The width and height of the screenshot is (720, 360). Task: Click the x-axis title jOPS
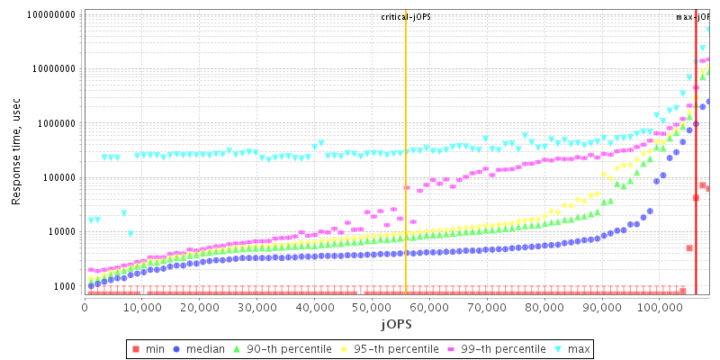pyautogui.click(x=396, y=323)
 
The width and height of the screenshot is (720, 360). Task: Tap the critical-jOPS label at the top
pyautogui.click(x=406, y=16)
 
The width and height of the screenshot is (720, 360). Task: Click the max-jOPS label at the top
pyautogui.click(x=694, y=16)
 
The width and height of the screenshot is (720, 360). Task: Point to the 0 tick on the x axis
pyautogui.click(x=85, y=307)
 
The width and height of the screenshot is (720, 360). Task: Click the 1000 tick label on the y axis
pyautogui.click(x=64, y=286)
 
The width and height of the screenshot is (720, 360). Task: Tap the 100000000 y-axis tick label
pyautogui.click(x=50, y=15)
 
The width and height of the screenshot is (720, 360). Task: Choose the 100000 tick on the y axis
pyautogui.click(x=58, y=177)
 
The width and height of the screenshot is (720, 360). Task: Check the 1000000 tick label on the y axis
pyautogui.click(x=56, y=123)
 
